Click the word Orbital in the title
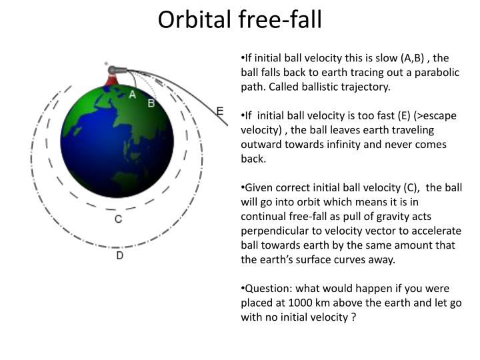coord(193,20)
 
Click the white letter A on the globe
coord(133,95)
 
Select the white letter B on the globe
coord(151,103)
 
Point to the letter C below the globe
coord(118,219)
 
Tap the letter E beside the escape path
coord(220,111)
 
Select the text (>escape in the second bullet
coord(435,116)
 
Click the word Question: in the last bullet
coord(267,289)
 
